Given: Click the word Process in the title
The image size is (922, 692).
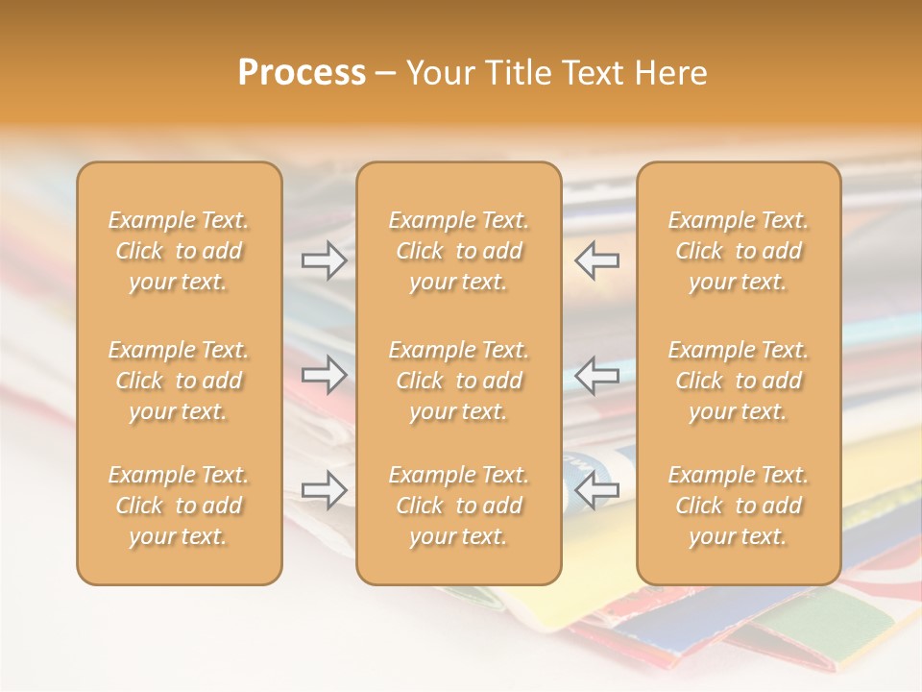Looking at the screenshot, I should pyautogui.click(x=302, y=73).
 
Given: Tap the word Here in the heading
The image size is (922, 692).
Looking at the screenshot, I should pyautogui.click(x=671, y=73).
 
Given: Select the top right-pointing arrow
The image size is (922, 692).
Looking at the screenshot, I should pyautogui.click(x=325, y=260).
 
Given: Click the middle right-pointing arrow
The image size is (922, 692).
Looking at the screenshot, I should pyautogui.click(x=325, y=375).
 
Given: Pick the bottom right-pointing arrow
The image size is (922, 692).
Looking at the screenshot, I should pyautogui.click(x=325, y=490).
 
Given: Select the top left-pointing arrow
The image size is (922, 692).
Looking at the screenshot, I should pyautogui.click(x=597, y=260).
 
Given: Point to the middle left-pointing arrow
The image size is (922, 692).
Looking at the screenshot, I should pyautogui.click(x=597, y=375).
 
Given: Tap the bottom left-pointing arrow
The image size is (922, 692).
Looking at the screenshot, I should pyautogui.click(x=597, y=490).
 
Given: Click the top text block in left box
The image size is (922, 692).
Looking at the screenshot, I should pyautogui.click(x=179, y=251).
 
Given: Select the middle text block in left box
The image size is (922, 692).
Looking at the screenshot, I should pyautogui.click(x=179, y=381).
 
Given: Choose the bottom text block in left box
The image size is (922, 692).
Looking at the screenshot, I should pyautogui.click(x=179, y=506).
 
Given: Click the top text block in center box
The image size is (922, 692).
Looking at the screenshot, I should pyautogui.click(x=459, y=251).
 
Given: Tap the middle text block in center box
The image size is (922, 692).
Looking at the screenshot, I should pyautogui.click(x=459, y=381).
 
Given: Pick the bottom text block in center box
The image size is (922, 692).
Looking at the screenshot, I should pyautogui.click(x=459, y=506).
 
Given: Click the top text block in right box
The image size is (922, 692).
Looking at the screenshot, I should pyautogui.click(x=739, y=251).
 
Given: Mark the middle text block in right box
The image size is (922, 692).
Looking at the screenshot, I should pyautogui.click(x=739, y=381).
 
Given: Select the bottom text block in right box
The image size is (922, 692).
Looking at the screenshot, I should pyautogui.click(x=739, y=506).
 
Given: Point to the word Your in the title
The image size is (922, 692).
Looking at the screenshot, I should pyautogui.click(x=441, y=73).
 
